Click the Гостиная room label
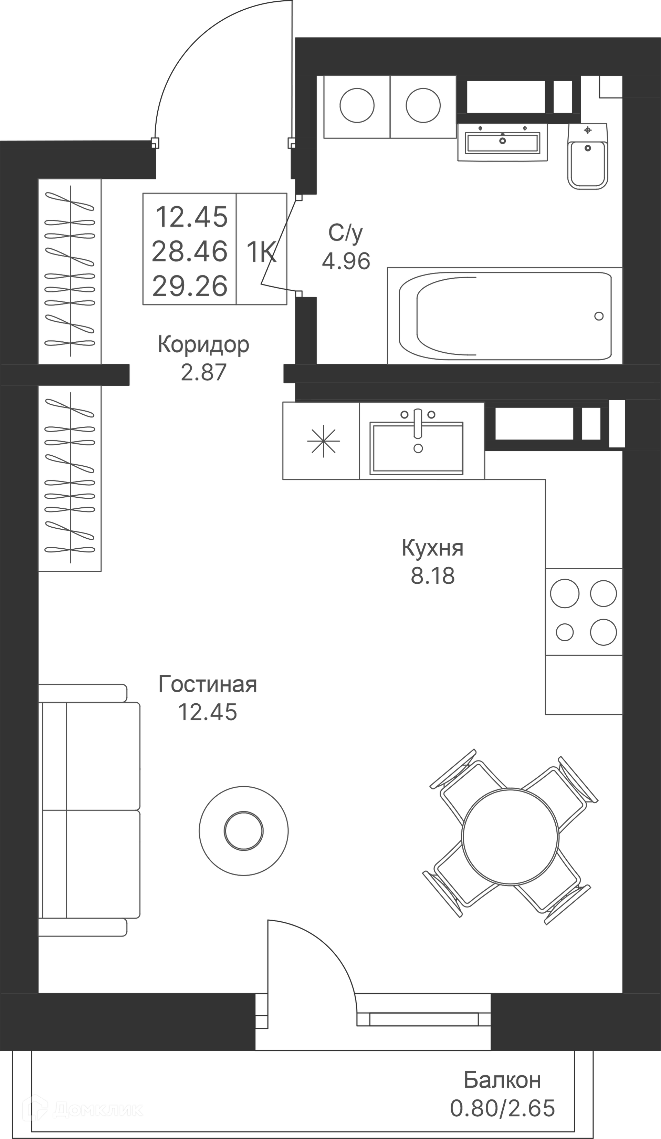click(x=207, y=684)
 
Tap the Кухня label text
click(x=432, y=548)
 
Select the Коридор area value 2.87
click(x=203, y=372)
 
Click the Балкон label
click(x=502, y=1080)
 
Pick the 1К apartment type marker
click(x=261, y=252)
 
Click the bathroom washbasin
click(x=502, y=142)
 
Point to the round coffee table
click(x=243, y=831)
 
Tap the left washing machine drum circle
click(x=357, y=105)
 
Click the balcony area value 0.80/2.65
click(x=502, y=1108)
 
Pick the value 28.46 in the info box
click(x=190, y=252)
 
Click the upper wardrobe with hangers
click(x=70, y=271)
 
